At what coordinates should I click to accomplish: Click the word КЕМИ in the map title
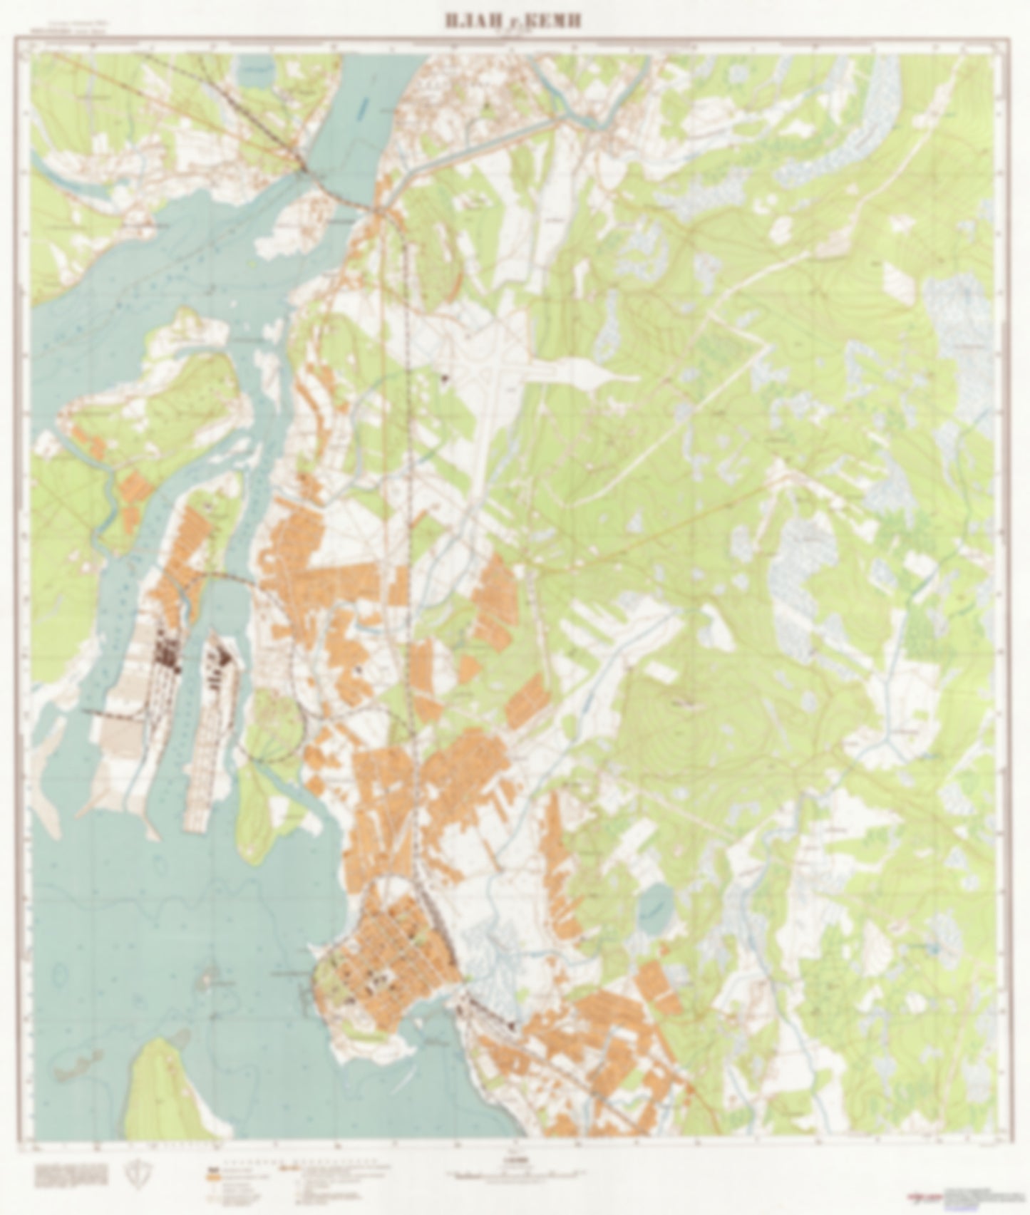[554, 21]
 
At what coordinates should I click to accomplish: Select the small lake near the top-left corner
[257, 71]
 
